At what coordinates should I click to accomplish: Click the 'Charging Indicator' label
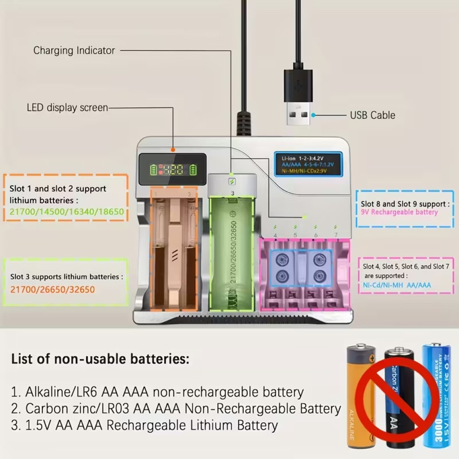[x=74, y=51]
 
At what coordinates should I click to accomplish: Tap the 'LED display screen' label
[x=67, y=108]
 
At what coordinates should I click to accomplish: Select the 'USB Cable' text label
[x=372, y=115]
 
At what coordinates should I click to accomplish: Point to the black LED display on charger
[x=172, y=169]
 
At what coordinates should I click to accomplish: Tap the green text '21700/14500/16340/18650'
[x=66, y=212]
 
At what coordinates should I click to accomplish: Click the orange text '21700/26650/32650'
[x=52, y=290]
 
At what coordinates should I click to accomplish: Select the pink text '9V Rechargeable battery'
[x=399, y=212]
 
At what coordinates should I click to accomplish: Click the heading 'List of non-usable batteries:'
[x=100, y=359]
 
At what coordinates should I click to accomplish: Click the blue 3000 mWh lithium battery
[x=436, y=394]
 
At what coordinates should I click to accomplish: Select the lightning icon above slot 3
[x=232, y=182]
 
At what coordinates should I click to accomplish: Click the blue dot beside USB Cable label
[x=314, y=115]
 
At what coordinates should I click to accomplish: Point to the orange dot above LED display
[x=173, y=149]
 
